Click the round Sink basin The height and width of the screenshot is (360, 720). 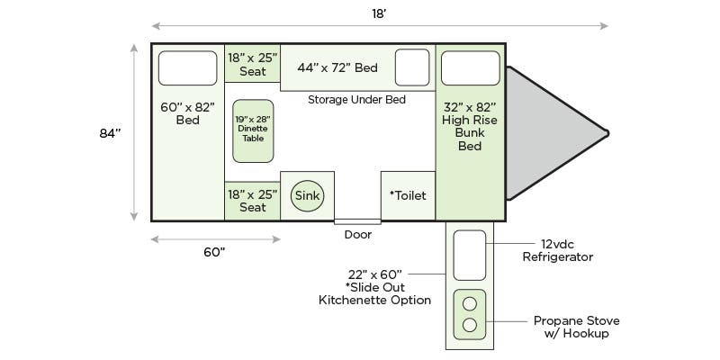click(x=307, y=195)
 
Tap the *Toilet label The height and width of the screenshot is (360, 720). click(x=408, y=195)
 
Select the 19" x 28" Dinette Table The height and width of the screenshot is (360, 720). click(x=253, y=130)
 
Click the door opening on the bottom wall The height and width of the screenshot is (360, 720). click(x=357, y=221)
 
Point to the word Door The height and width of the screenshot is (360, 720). click(x=358, y=235)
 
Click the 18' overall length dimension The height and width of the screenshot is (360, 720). click(x=379, y=13)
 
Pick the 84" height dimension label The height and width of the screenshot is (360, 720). click(x=110, y=133)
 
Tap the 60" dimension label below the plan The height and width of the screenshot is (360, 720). click(x=215, y=252)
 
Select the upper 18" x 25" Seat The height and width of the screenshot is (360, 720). click(x=253, y=64)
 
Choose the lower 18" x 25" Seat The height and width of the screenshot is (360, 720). click(x=253, y=201)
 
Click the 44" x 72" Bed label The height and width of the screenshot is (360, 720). click(x=337, y=68)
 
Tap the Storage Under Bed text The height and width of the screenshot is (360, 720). click(x=356, y=100)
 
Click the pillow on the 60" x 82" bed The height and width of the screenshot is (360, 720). click(x=188, y=68)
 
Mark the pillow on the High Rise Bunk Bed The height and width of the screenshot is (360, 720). click(x=470, y=68)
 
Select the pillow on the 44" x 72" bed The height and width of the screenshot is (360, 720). click(x=412, y=67)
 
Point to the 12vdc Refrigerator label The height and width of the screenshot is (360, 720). click(x=557, y=251)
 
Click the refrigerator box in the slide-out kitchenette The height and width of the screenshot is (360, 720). click(x=469, y=256)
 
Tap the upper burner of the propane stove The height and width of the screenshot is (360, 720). click(x=469, y=303)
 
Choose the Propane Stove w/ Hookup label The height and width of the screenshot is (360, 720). click(x=576, y=327)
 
